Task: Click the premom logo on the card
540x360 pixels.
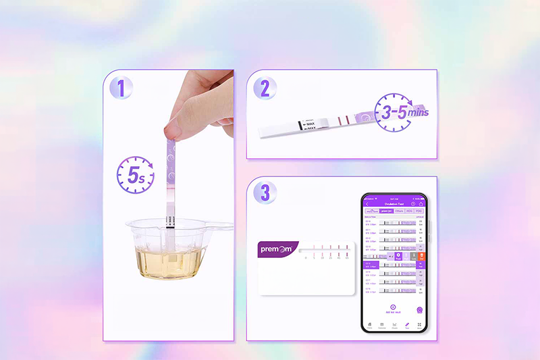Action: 278,249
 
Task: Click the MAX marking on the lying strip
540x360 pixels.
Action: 310,124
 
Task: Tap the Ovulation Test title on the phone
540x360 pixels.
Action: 394,203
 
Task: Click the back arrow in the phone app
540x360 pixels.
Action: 367,203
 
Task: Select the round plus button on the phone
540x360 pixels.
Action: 393,307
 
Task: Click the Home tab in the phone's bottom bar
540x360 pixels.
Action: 369,326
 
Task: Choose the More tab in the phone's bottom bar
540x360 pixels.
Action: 419,326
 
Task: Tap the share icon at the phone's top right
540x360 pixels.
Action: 421,203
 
